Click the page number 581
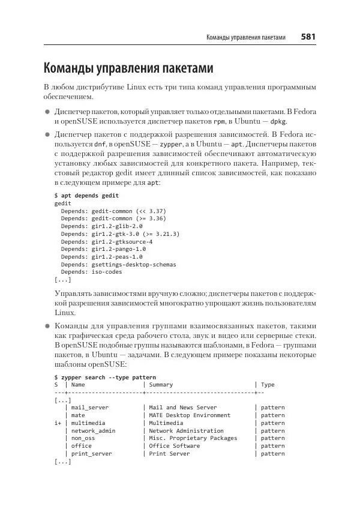308,37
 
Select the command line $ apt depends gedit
86,196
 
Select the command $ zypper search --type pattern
105,377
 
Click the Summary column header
161,385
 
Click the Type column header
268,385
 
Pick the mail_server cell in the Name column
90,408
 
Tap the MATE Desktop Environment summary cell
190,415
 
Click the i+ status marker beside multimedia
58,423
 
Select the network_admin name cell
92,431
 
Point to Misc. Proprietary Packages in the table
193,439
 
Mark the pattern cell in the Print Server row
273,454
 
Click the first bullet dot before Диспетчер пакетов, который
47,112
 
